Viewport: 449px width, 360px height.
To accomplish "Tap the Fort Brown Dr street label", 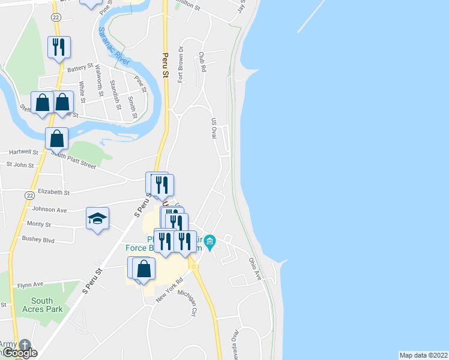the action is click(x=180, y=64).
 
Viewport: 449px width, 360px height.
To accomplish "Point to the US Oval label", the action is click(x=213, y=128).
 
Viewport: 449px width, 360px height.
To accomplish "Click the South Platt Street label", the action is click(x=73, y=160).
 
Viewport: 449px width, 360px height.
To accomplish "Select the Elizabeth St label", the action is click(x=54, y=193).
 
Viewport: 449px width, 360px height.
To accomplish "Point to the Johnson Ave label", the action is click(x=49, y=210).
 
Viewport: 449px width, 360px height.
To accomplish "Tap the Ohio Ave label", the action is click(x=255, y=268).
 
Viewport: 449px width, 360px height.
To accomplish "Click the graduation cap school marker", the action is click(x=97, y=219).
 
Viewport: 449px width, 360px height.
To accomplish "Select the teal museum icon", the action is click(x=209, y=243).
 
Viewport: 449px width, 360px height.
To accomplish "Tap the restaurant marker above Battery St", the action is click(x=59, y=47).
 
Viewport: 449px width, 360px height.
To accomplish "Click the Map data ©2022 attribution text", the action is click(x=424, y=355).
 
